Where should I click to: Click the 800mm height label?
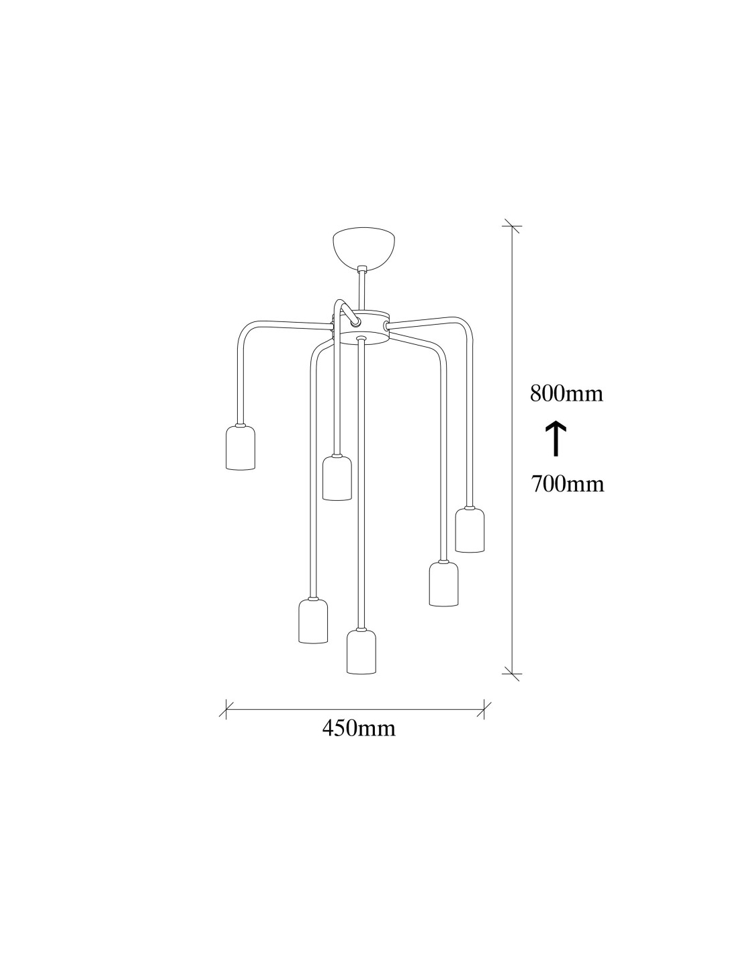pyautogui.click(x=566, y=393)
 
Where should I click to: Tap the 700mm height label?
pyautogui.click(x=568, y=484)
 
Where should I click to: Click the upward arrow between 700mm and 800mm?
pyautogui.click(x=556, y=438)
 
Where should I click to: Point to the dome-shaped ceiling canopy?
pyautogui.click(x=363, y=247)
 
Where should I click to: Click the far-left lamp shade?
pyautogui.click(x=240, y=448)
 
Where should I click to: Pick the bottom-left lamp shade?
pyautogui.click(x=314, y=621)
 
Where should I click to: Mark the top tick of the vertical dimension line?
pyautogui.click(x=512, y=226)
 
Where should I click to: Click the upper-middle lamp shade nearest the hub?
pyautogui.click(x=337, y=478)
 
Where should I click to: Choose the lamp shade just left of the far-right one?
pyautogui.click(x=443, y=584)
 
